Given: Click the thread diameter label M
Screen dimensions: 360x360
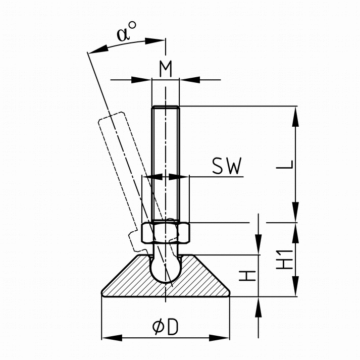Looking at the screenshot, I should click(x=166, y=68).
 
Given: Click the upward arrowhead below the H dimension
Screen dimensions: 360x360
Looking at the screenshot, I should click(x=259, y=304).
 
